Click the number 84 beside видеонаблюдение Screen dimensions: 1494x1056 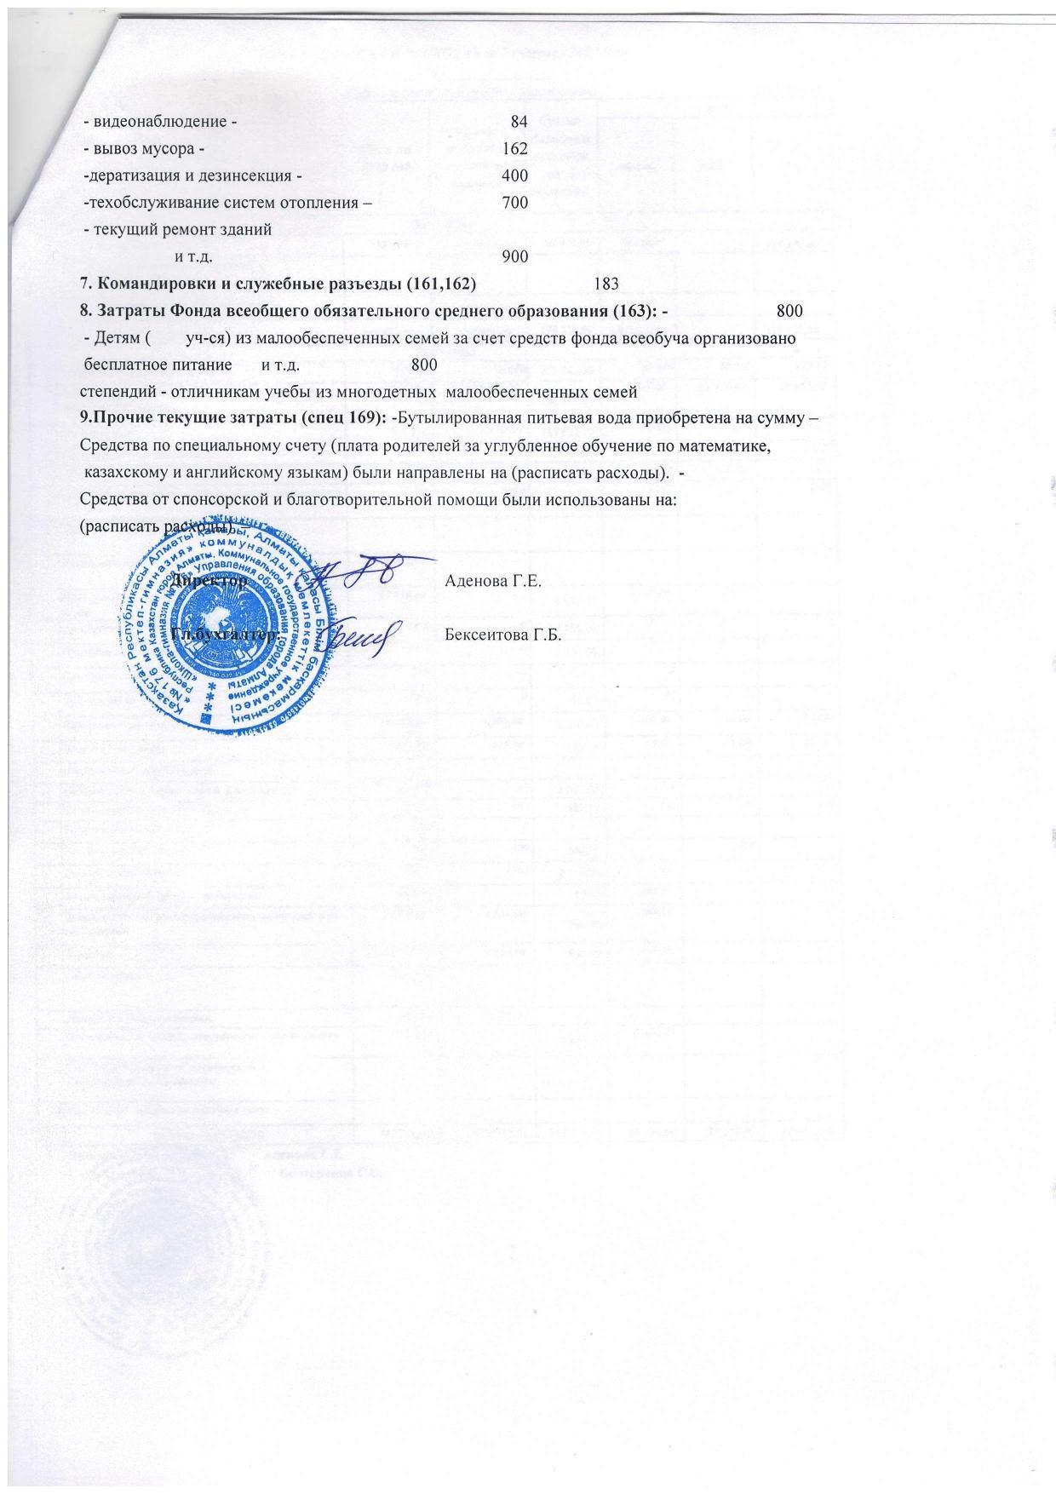(519, 121)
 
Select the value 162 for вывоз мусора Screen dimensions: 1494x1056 (515, 148)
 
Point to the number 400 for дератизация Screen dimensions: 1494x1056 (515, 175)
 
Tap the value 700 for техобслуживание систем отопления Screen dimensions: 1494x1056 (515, 203)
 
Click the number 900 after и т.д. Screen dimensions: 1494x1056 (515, 256)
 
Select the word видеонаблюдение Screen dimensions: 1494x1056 (159, 121)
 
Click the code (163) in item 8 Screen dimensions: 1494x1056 (636, 311)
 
